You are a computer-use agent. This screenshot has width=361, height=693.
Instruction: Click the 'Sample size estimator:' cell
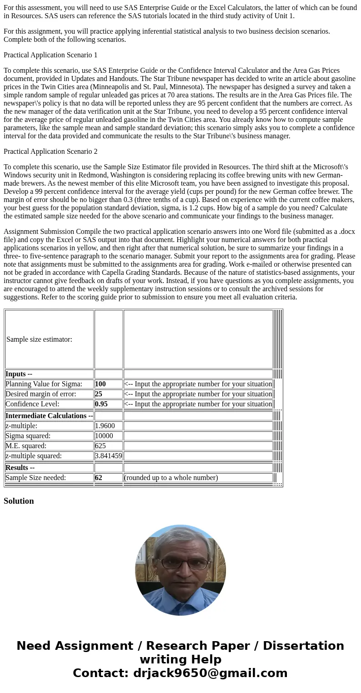coord(40,339)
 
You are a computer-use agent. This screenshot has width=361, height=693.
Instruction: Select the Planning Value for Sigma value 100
coord(100,384)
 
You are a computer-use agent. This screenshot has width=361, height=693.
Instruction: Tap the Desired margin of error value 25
coord(99,394)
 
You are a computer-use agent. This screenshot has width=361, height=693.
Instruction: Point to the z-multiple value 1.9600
coord(105,426)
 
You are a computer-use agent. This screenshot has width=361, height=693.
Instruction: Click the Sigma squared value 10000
coord(104,436)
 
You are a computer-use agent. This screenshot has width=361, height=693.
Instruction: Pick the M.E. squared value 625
coord(100,446)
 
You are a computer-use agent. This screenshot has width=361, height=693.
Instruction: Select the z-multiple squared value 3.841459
coord(108,456)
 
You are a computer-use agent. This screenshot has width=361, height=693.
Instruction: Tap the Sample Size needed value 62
coord(99,478)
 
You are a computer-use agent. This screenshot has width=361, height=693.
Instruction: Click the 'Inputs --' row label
coord(19,374)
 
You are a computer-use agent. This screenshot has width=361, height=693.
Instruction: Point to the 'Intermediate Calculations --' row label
coord(49,416)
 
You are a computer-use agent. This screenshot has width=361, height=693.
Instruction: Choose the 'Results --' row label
coord(20,468)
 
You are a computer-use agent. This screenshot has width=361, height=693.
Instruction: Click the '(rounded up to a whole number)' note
coord(171,478)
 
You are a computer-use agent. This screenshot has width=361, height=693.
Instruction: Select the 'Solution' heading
coord(19,501)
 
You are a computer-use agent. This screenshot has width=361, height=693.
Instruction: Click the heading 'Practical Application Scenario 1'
coord(50,55)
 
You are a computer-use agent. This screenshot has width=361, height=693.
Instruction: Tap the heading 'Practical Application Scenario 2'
coord(50,152)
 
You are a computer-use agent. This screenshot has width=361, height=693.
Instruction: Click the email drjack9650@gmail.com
coord(211,673)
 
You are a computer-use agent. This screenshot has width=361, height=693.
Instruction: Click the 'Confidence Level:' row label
coord(32,404)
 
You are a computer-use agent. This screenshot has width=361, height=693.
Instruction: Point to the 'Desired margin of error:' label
coord(41,394)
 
